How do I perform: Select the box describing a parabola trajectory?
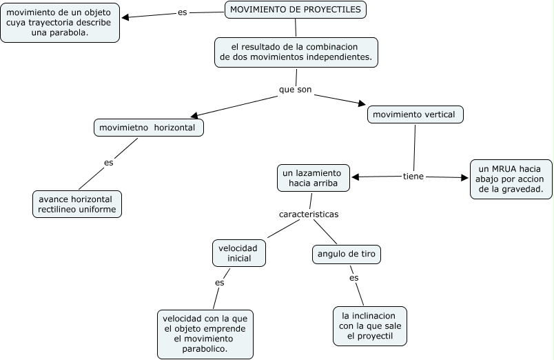tap(60, 23)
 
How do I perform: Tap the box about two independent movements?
tap(296, 52)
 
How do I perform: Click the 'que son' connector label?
tap(295, 90)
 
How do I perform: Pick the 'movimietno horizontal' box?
tap(148, 128)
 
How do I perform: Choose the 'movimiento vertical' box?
tap(415, 114)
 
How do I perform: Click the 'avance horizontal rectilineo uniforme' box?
tap(77, 204)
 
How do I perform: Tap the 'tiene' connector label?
tap(413, 177)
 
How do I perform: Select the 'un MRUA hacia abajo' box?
tap(511, 179)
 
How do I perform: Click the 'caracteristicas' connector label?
tap(308, 214)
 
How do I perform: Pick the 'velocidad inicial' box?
tap(239, 252)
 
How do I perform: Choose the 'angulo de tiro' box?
tap(347, 254)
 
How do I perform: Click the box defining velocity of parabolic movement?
tap(205, 334)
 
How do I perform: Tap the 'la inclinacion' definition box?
tap(369, 326)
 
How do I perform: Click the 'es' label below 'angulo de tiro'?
tap(354, 278)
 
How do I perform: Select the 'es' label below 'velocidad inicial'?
tap(219, 283)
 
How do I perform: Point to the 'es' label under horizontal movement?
tap(108, 163)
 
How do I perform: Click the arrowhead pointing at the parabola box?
tap(126, 17)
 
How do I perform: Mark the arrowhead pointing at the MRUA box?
tap(464, 178)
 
